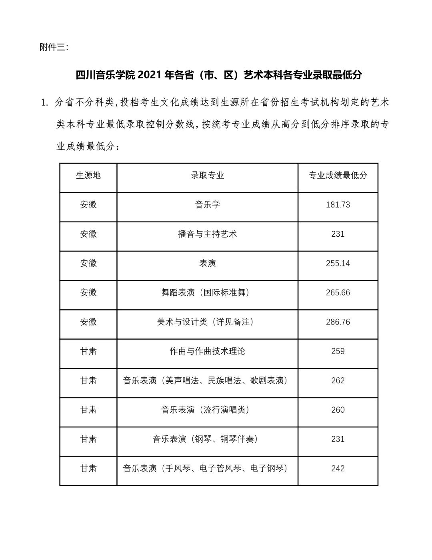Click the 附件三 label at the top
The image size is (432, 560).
tap(54, 47)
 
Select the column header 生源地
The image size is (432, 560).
tap(88, 175)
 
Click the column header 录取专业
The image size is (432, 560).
tap(207, 175)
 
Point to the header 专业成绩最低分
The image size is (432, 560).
tap(338, 175)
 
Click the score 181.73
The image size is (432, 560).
tap(338, 205)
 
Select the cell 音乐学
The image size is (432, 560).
tap(207, 205)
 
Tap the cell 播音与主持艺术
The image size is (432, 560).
tap(207, 234)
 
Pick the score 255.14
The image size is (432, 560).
tap(338, 263)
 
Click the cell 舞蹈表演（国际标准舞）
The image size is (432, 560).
tap(207, 292)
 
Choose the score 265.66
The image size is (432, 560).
tap(338, 292)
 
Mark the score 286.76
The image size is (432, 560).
tap(338, 322)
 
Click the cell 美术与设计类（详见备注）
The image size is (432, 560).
tap(207, 322)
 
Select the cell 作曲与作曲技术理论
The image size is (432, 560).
tap(207, 351)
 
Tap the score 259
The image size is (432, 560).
tap(338, 351)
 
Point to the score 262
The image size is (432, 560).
tap(338, 381)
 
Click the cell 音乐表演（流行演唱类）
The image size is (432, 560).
tap(207, 410)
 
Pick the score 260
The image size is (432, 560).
tap(338, 410)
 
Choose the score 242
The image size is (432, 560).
tap(338, 468)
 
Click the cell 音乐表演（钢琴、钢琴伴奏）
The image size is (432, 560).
tap(207, 439)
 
